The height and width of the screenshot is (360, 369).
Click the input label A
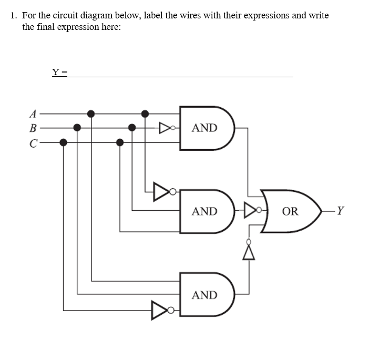coord(33,112)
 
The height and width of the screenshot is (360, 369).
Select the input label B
coord(33,127)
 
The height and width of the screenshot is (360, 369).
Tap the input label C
coord(33,142)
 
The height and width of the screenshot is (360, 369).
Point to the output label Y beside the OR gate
coord(341,211)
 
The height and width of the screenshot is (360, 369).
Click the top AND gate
coord(207,128)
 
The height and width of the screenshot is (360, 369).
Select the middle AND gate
coord(207,211)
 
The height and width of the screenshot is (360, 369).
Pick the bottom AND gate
coord(207,295)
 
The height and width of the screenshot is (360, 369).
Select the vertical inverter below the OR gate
coord(249,249)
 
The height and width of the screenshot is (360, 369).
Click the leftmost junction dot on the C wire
coord(64,142)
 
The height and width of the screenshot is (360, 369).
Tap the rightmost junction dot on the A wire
coord(146,112)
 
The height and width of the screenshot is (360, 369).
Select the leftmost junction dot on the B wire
coord(77,127)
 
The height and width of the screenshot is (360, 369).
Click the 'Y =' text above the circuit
coord(59,72)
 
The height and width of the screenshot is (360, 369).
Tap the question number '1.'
coord(15,15)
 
